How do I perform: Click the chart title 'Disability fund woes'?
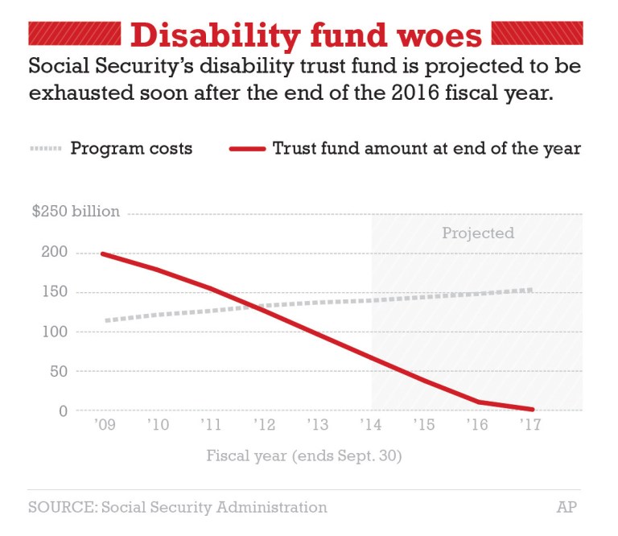(x=306, y=35)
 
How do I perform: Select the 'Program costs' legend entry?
(x=131, y=149)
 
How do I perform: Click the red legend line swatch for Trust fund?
(x=247, y=149)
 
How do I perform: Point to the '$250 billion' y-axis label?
(x=76, y=212)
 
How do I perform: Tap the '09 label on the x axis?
(x=105, y=425)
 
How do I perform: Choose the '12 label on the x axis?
(x=265, y=425)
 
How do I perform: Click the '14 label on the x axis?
(x=371, y=425)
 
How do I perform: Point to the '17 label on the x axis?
(x=531, y=425)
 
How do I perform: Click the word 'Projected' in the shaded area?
(x=477, y=233)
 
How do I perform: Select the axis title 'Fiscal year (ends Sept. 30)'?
(x=304, y=456)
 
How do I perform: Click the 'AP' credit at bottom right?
(x=567, y=507)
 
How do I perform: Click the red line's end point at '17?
(x=531, y=409)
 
